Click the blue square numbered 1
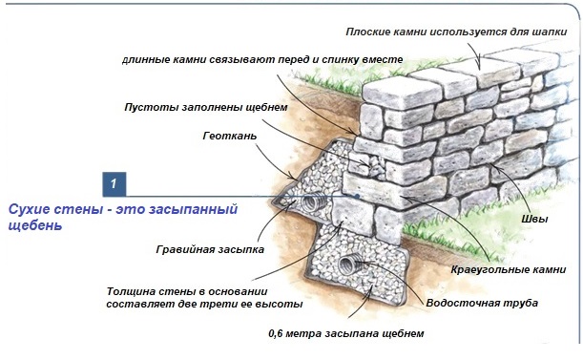(115, 184)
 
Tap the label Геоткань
(230, 136)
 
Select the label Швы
(534, 219)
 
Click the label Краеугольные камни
(509, 269)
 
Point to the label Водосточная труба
(482, 303)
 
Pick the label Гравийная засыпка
(210, 249)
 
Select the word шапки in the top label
(552, 32)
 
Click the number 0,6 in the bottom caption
(276, 333)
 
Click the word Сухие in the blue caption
(30, 209)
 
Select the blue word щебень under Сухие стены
(35, 225)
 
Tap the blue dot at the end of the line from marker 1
(357, 196)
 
